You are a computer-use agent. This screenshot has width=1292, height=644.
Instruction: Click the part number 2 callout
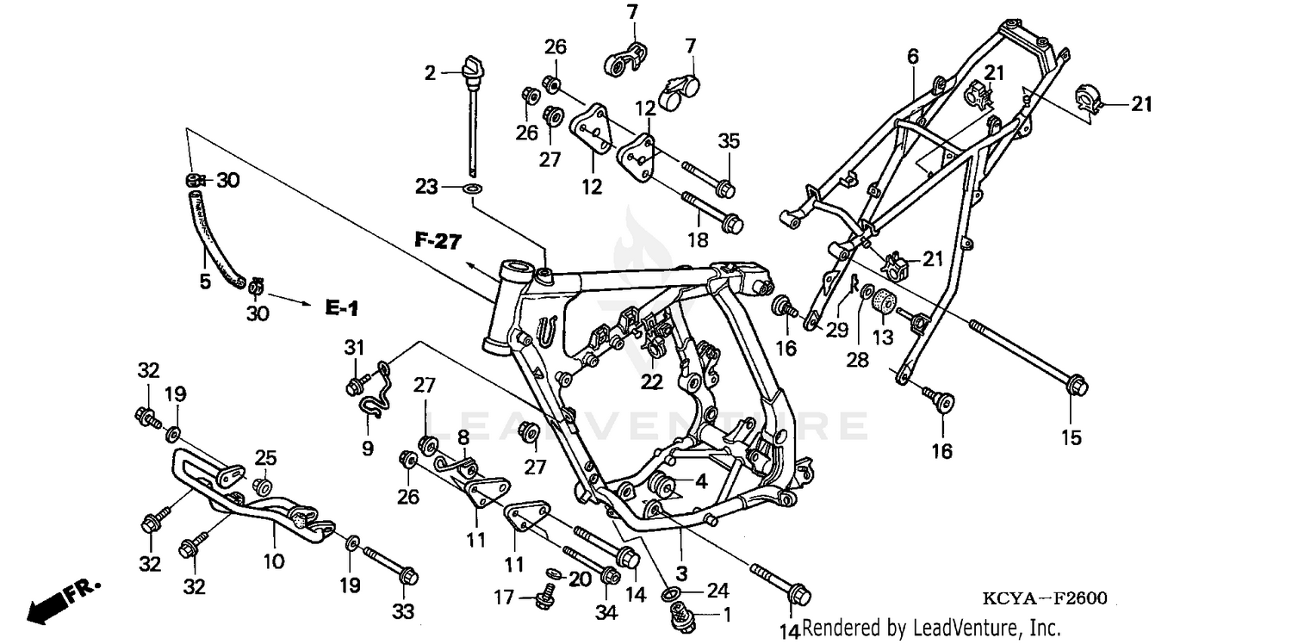point(430,74)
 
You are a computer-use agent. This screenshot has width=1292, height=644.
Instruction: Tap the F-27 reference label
point(438,241)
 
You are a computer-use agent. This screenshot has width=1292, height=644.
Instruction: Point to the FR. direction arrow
point(60,600)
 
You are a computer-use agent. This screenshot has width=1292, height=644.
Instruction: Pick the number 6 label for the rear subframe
point(912,57)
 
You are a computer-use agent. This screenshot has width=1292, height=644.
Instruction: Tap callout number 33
point(403,612)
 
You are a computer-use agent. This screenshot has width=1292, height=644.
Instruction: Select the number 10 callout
point(273,562)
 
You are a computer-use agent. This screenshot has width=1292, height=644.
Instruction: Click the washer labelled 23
point(474,187)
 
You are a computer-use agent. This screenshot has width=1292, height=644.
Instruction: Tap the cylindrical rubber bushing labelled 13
point(883,304)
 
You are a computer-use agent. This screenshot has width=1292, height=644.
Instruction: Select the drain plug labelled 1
point(680,615)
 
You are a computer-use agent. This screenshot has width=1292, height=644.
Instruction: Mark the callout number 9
point(367,448)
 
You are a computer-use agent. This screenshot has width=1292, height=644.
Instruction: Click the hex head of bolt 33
point(407,573)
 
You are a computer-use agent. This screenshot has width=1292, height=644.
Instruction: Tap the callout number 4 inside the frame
point(701,482)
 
